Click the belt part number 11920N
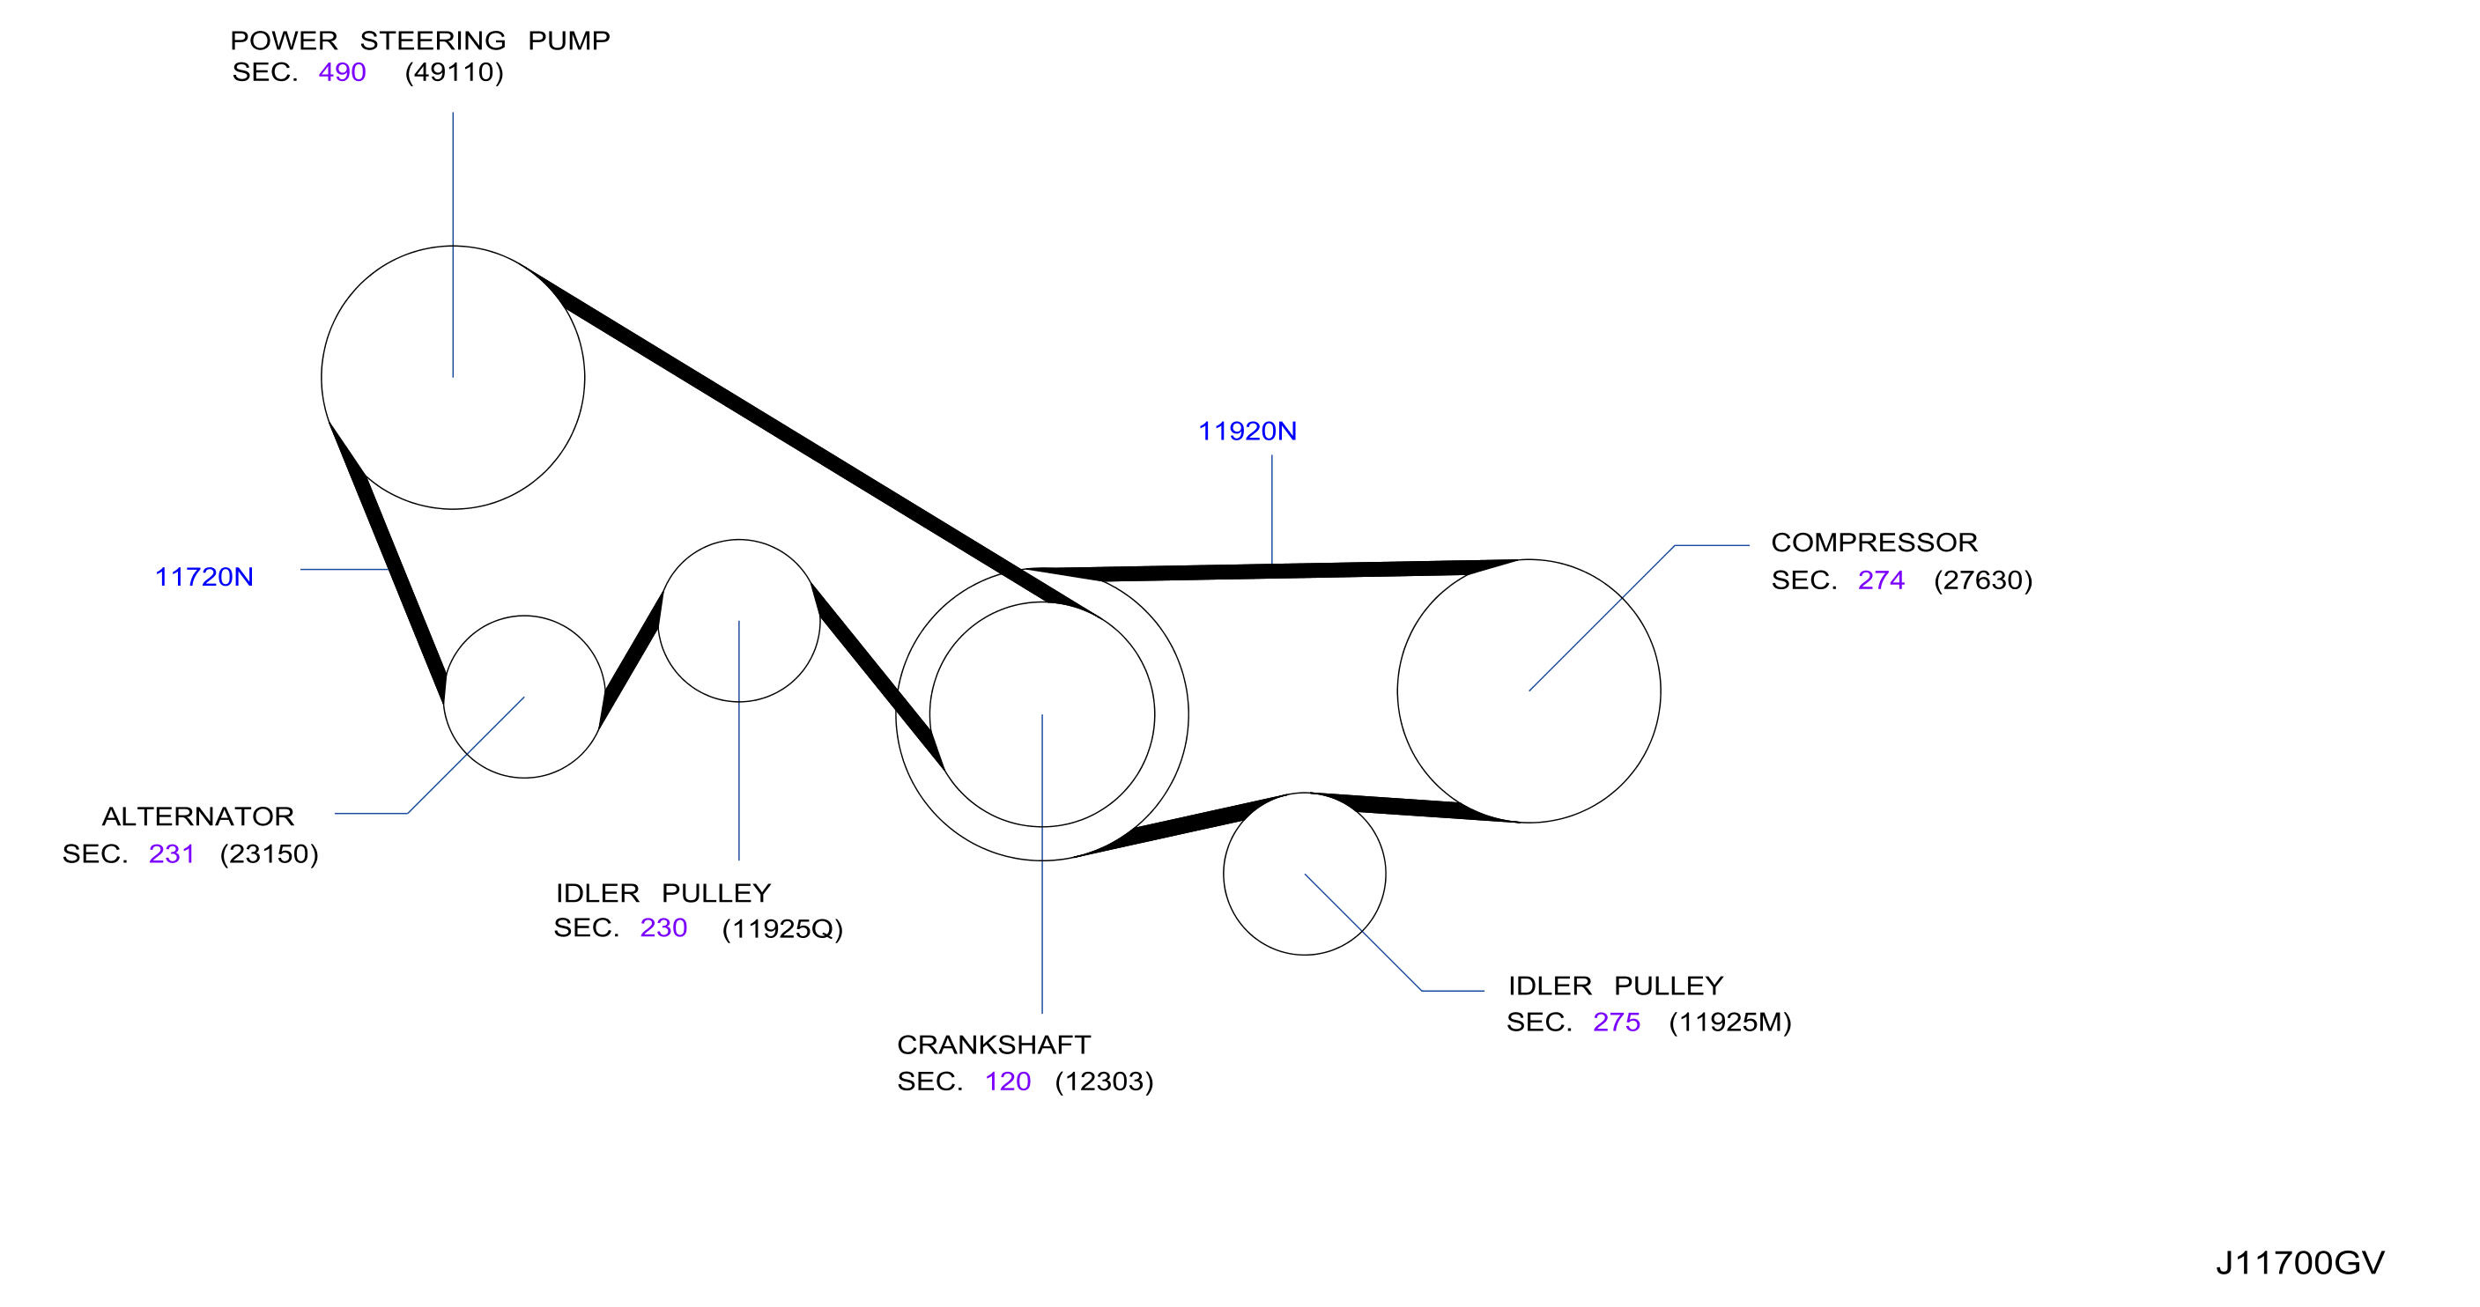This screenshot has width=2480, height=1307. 1247,432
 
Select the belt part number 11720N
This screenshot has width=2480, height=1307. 204,577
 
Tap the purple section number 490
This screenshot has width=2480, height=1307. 342,72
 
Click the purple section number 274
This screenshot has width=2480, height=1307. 1881,580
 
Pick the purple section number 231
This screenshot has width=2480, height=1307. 172,853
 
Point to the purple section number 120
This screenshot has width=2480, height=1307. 1007,1082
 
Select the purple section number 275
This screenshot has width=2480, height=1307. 1617,1023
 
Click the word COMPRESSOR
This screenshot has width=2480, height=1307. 1875,543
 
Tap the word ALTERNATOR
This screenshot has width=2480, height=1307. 198,817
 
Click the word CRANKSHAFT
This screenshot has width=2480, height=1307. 994,1045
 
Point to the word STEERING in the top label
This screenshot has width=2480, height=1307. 433,41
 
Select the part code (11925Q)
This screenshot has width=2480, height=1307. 781,929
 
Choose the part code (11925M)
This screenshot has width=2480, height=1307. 1730,1023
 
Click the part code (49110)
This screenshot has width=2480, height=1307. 455,72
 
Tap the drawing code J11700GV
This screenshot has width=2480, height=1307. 2300,1263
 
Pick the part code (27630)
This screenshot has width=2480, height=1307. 1983,580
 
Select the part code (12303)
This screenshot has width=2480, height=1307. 1104,1082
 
